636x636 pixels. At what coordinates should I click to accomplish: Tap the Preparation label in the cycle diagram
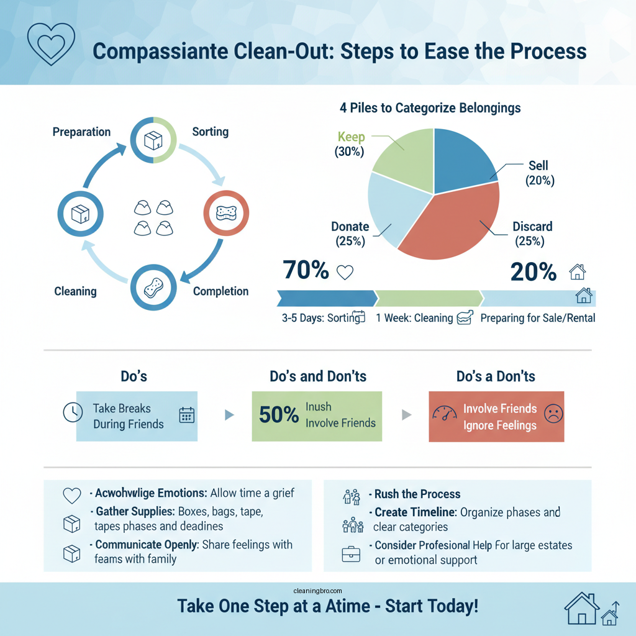coord(81,132)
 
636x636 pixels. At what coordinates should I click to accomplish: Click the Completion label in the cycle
coord(220,291)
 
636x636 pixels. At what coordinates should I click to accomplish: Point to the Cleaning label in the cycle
coord(75,291)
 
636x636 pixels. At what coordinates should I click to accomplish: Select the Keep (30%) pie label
coord(351,143)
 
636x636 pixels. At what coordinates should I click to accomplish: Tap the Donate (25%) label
coord(350,234)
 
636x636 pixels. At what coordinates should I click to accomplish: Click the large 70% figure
coord(306,271)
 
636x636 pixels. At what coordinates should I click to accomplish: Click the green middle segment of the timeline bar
coord(429,298)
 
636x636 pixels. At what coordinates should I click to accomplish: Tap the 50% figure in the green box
coord(279,415)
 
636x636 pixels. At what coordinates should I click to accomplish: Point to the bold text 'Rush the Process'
coord(417,494)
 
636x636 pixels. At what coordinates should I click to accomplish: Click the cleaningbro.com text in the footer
coord(317,592)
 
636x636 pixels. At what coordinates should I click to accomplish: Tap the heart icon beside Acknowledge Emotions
coord(73,495)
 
